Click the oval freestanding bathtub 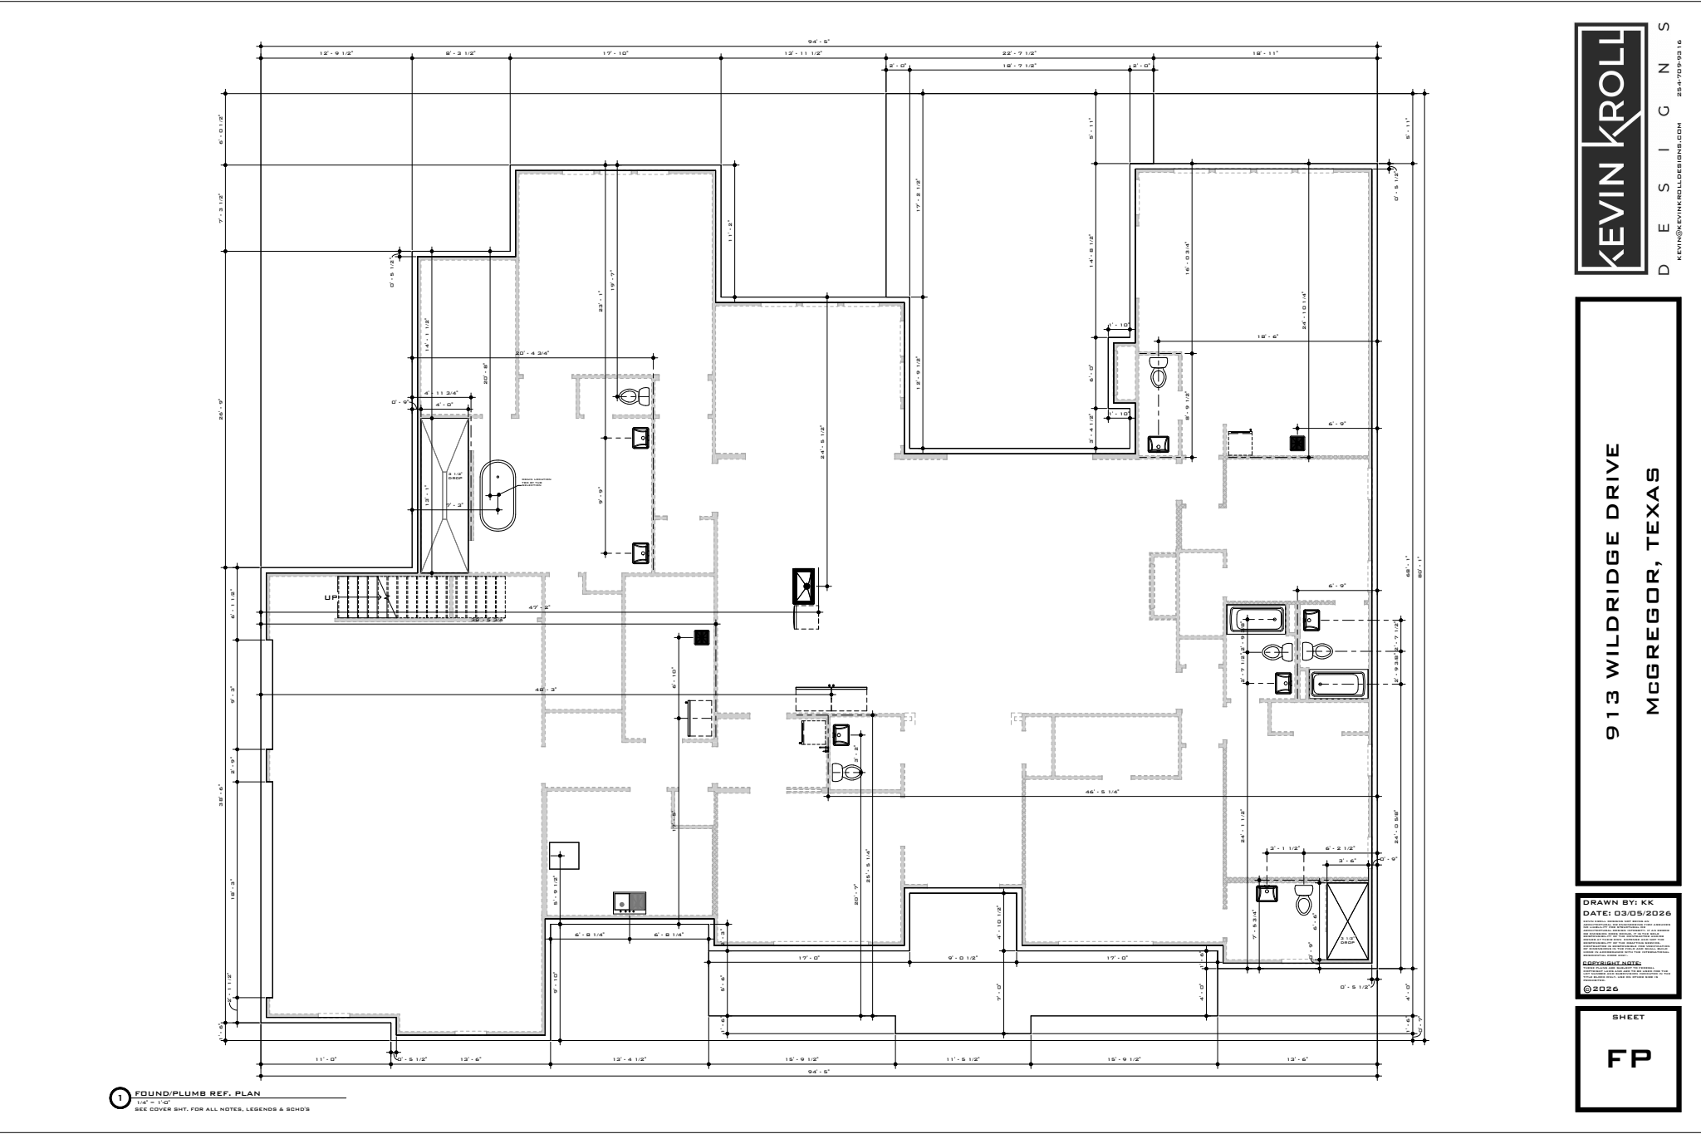(x=498, y=495)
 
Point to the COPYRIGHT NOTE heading (x=1612, y=964)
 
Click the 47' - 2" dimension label (x=540, y=608)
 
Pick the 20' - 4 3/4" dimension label (x=532, y=353)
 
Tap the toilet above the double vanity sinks (x=635, y=395)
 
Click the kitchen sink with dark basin (x=630, y=902)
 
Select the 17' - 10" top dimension (x=615, y=53)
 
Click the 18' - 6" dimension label (x=1267, y=336)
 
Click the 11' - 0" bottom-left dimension (x=325, y=1059)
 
